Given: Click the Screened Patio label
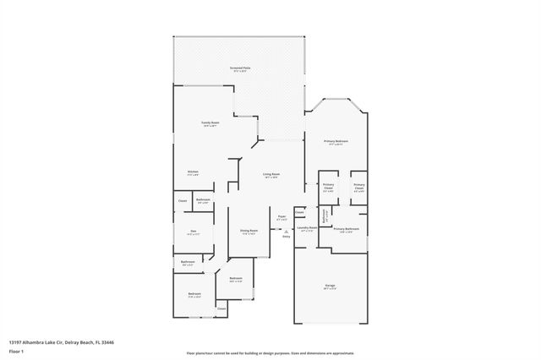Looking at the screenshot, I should (240, 68).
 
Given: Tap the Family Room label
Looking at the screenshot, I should (210, 123).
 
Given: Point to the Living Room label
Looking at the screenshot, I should (271, 175).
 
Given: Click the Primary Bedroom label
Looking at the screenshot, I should (336, 142).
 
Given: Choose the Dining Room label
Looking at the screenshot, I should (248, 231).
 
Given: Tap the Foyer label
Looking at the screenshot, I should (281, 217).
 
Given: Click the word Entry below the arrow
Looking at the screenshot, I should (286, 236).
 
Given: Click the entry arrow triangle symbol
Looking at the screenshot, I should (286, 229).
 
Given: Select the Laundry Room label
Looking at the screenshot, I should (307, 228).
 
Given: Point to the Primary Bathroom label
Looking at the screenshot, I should (346, 229).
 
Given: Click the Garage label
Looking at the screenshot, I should (330, 286).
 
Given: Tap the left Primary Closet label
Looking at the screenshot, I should (328, 187).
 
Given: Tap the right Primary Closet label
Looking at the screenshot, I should (359, 187).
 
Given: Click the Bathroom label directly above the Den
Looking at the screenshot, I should (203, 200).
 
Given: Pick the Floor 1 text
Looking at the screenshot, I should (16, 350).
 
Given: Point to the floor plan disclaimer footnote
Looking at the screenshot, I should (270, 352).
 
